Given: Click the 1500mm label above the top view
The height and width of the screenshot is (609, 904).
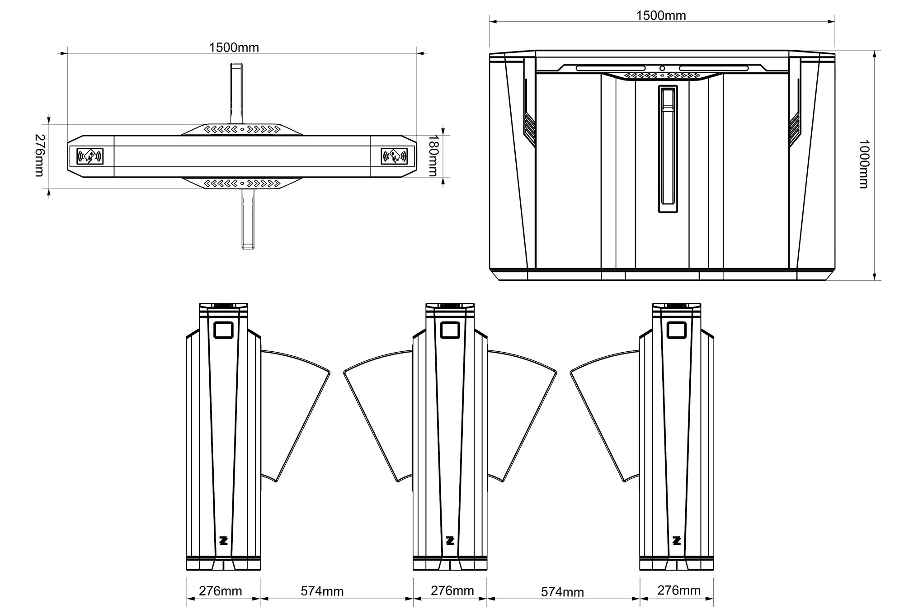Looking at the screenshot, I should pos(234,47).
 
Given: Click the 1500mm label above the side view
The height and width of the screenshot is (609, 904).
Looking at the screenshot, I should pos(661,16).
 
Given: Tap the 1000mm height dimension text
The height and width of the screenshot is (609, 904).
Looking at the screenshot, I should pos(863,164).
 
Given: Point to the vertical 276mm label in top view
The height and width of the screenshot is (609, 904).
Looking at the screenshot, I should pos(40,155).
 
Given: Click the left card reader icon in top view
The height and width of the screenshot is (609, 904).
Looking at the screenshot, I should pos(90,156).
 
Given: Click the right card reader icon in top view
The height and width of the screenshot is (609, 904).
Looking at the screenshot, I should pos(394,156).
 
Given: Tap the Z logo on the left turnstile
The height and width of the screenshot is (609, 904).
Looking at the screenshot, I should pos(223,540).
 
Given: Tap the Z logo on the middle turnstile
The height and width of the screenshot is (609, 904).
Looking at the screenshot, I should pos(450,540).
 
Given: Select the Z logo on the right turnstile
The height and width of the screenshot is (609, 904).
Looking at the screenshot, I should pos(677,540).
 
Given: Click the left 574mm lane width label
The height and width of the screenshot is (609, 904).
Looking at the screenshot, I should pos(322,591).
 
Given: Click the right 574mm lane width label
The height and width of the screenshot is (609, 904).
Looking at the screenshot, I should pos(562,592).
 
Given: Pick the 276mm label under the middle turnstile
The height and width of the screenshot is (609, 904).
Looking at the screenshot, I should pos(452,590).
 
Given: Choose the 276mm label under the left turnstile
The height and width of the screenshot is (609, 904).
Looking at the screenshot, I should pos(221,591).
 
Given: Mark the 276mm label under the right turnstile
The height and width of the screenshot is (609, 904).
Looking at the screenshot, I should pos(679,590).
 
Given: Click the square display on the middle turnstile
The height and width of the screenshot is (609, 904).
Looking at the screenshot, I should pos(450,330).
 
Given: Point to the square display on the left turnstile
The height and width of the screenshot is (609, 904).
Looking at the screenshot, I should pos(223,330).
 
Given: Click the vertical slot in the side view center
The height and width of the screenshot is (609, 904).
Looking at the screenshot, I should pos(667,149).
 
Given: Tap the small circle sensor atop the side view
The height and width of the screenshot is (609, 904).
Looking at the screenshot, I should pos(662,68).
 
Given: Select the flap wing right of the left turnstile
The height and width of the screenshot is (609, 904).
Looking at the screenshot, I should pos(294,407).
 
